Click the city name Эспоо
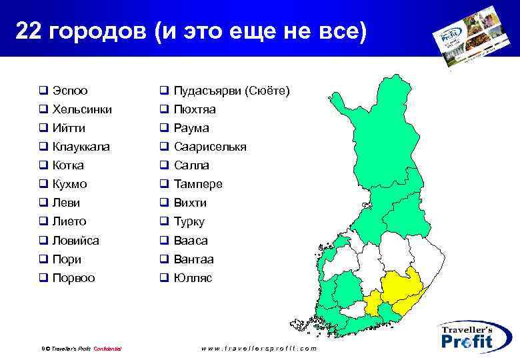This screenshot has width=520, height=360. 69,91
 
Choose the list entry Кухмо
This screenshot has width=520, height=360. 69,184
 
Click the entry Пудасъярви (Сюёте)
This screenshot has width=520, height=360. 231,91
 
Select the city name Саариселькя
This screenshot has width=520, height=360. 210,147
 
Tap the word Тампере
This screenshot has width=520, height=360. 198,184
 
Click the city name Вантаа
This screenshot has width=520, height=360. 193,259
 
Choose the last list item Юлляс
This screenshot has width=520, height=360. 193,278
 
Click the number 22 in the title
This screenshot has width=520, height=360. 28,31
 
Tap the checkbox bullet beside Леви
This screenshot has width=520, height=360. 42,203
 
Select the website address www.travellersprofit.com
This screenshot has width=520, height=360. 259,349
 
